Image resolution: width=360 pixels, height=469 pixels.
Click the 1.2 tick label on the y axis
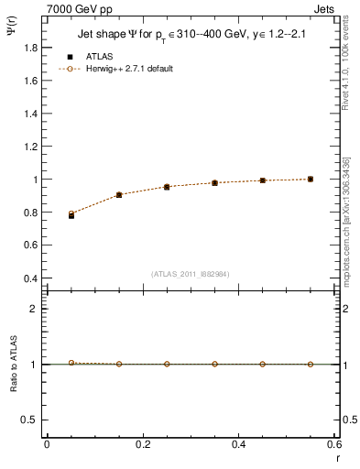click(x=31, y=147)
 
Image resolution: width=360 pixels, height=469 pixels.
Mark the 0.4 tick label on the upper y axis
click(x=31, y=278)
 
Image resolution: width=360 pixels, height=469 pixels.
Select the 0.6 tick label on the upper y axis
click(x=31, y=245)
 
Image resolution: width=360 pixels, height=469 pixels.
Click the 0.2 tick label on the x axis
click(x=143, y=444)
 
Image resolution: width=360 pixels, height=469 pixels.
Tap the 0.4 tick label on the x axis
click(x=239, y=444)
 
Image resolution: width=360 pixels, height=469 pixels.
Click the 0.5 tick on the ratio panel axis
click(x=31, y=420)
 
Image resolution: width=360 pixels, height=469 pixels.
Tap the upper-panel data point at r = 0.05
click(x=71, y=214)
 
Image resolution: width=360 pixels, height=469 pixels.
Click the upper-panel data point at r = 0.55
click(x=311, y=179)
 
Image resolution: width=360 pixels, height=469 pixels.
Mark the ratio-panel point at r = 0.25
click(x=167, y=364)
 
